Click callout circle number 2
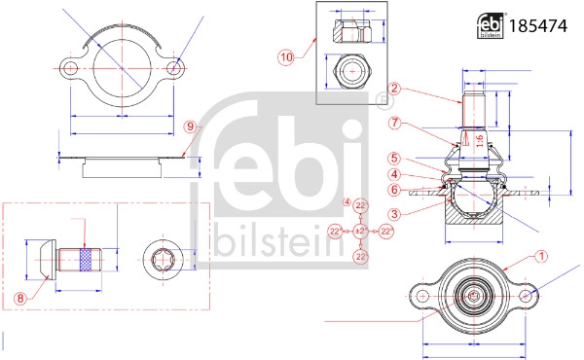point(394,89)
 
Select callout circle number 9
point(191,126)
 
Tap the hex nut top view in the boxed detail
point(350,70)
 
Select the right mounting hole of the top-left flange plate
point(174,69)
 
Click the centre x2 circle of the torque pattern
point(360,231)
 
